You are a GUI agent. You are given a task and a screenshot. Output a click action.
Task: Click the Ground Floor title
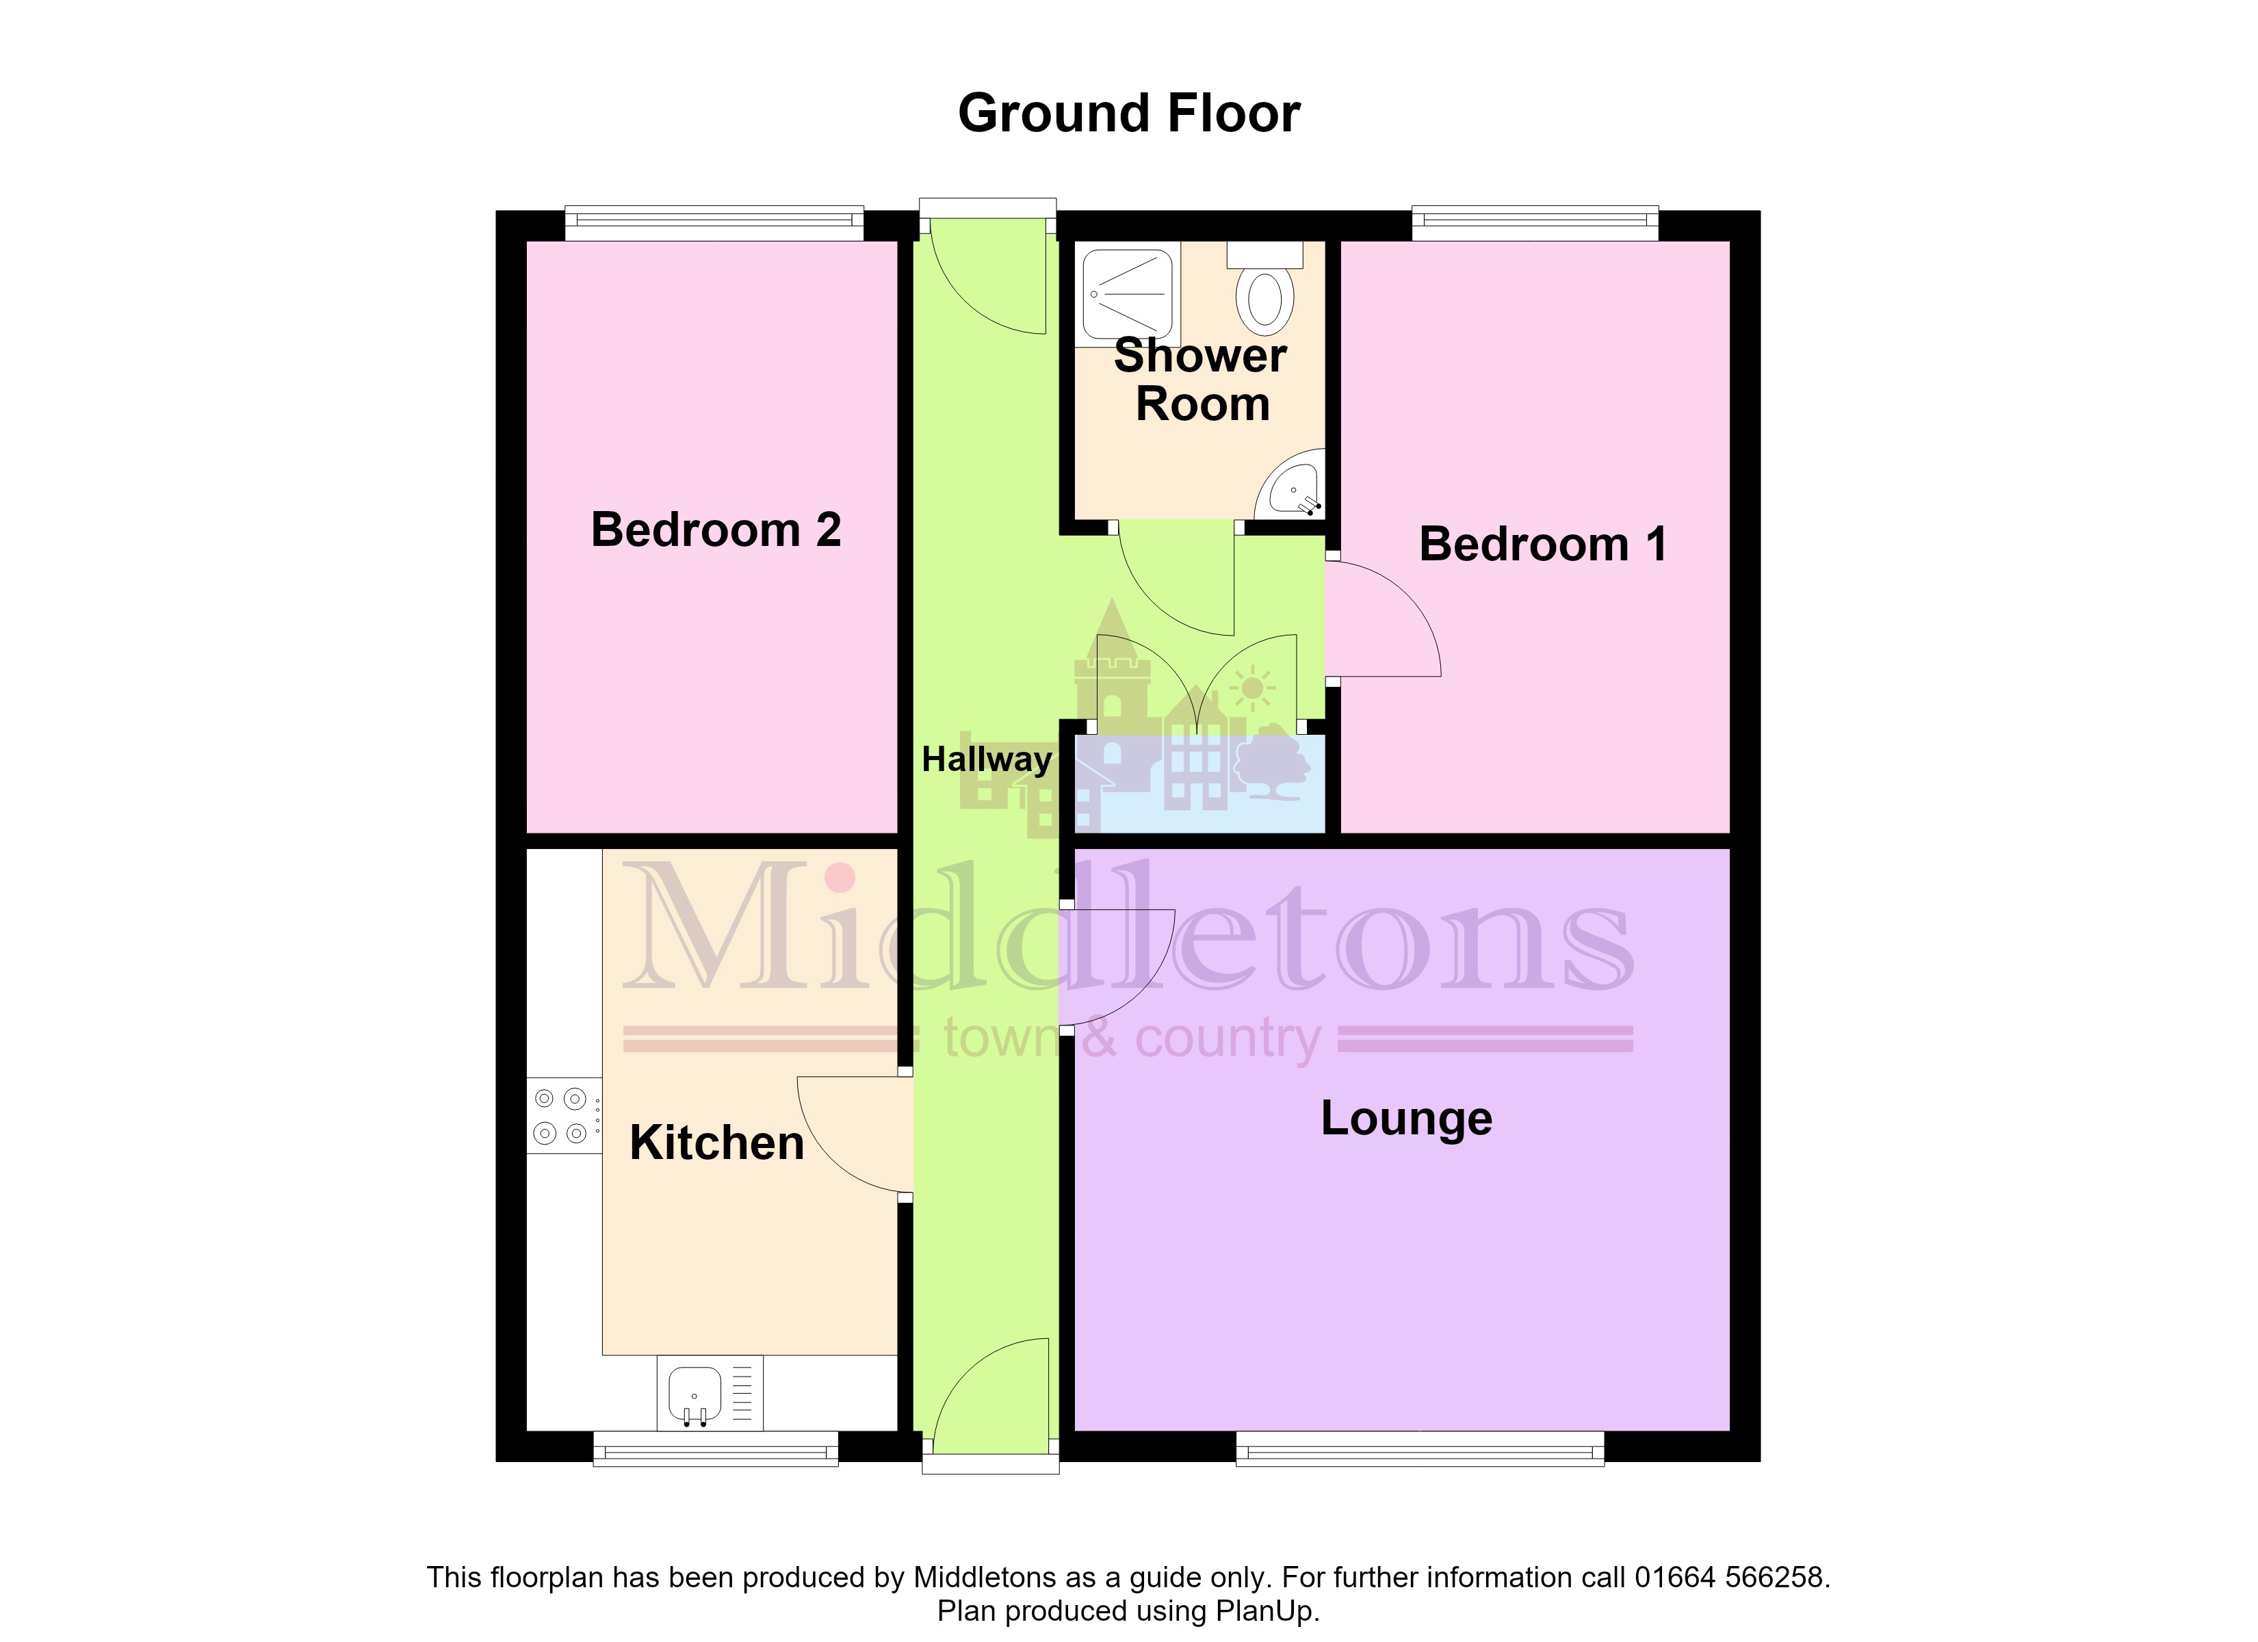click(x=1129, y=114)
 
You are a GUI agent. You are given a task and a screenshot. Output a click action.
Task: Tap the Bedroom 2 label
click(x=716, y=529)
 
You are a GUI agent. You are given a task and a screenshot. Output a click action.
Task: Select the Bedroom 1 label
click(x=1543, y=544)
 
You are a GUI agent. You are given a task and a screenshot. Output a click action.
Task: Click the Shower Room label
click(x=1201, y=380)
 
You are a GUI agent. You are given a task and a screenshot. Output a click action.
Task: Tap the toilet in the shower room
click(x=1265, y=284)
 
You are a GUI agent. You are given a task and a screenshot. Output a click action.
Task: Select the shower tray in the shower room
click(x=1128, y=294)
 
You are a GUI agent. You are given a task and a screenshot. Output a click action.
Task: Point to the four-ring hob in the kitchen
click(x=564, y=1115)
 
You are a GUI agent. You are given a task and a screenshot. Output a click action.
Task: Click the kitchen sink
click(x=710, y=1392)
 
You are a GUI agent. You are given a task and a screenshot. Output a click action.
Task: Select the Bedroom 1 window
click(x=1535, y=223)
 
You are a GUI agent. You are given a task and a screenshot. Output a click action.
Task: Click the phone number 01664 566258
click(x=1731, y=1577)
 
